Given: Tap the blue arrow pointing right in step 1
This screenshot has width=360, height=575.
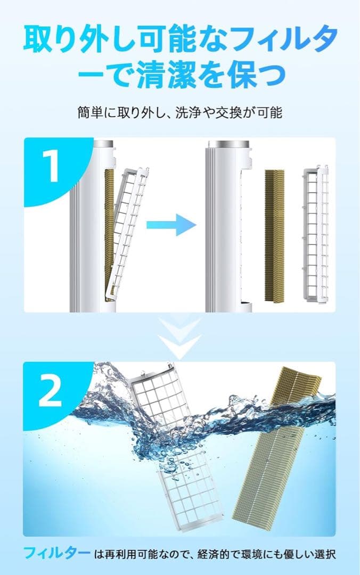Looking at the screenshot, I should coord(171,224).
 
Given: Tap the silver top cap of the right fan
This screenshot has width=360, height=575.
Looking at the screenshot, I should coord(227,144).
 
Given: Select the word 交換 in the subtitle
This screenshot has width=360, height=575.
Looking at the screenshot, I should coord(228,113).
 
